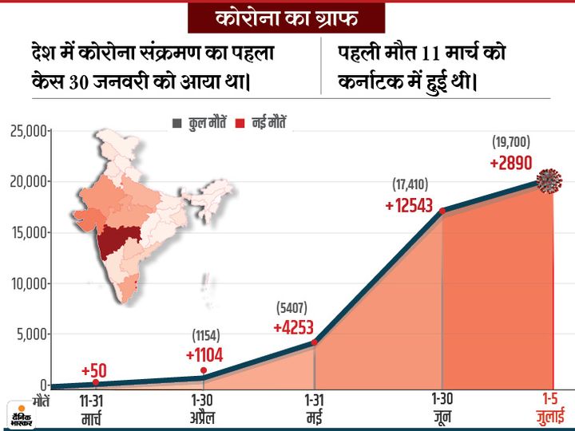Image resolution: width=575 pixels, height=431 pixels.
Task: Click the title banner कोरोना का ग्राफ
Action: [x=286, y=18]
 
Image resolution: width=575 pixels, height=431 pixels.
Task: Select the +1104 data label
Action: [x=204, y=354]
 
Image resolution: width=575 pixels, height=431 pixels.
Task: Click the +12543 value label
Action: [x=408, y=205]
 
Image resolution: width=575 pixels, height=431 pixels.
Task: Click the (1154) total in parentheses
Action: [x=204, y=335]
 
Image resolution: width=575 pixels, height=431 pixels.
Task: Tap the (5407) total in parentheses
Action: [x=291, y=307]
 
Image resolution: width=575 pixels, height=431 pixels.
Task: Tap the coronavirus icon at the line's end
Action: [x=549, y=182]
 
